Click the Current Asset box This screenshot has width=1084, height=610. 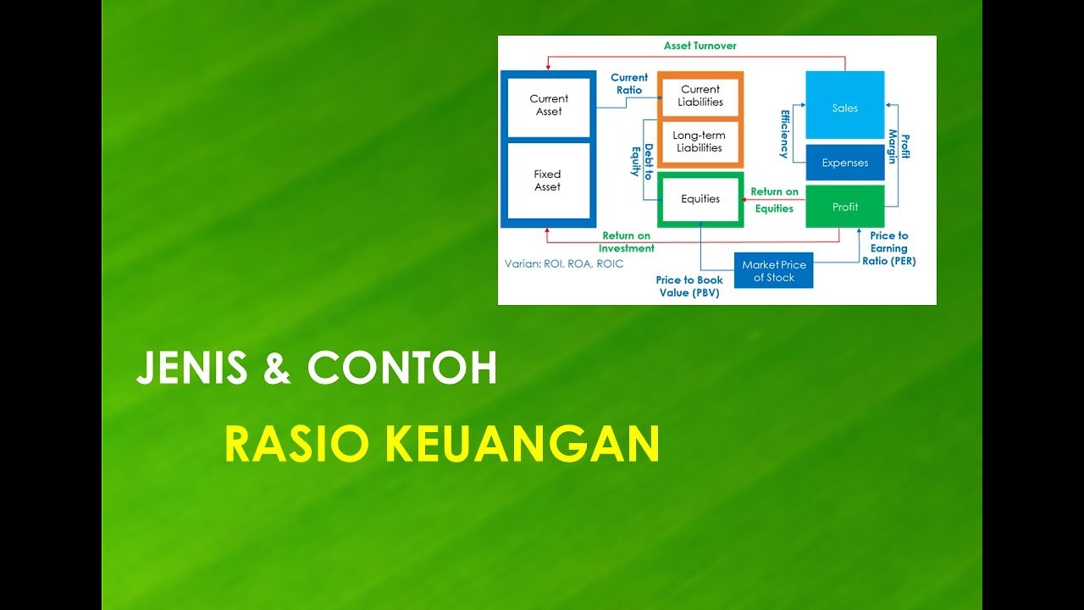pyautogui.click(x=548, y=105)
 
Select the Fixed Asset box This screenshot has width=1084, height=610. pyautogui.click(x=548, y=180)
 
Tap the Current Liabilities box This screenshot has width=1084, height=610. pyautogui.click(x=700, y=96)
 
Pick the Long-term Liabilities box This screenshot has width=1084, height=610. pyautogui.click(x=700, y=141)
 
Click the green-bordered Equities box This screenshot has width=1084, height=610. pyautogui.click(x=700, y=199)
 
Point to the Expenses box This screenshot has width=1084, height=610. pyautogui.click(x=844, y=163)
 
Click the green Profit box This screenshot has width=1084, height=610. pyautogui.click(x=844, y=208)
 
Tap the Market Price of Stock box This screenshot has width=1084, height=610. pyautogui.click(x=773, y=271)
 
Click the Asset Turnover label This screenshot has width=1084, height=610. pyautogui.click(x=700, y=46)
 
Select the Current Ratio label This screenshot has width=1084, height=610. pyautogui.click(x=628, y=84)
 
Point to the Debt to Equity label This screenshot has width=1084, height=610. pyautogui.click(x=642, y=160)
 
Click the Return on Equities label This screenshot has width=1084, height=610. pyautogui.click(x=774, y=200)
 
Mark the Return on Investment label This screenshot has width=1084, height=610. pyautogui.click(x=627, y=242)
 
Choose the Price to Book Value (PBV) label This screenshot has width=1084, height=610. pyautogui.click(x=689, y=286)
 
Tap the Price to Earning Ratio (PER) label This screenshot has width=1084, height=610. pyautogui.click(x=888, y=249)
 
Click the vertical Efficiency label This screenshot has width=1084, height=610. pyautogui.click(x=784, y=134)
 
